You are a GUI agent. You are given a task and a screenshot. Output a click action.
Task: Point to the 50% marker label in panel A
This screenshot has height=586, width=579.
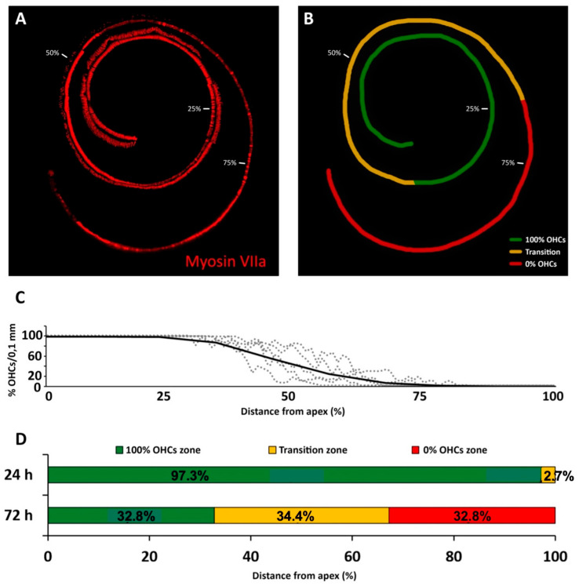(x=53, y=53)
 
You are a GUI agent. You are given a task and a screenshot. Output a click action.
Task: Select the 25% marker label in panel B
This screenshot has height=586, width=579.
(x=472, y=108)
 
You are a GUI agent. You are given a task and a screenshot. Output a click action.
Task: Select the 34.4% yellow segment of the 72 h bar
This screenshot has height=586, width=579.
(x=300, y=515)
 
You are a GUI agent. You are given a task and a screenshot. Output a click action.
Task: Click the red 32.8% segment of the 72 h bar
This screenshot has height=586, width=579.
(x=472, y=515)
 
